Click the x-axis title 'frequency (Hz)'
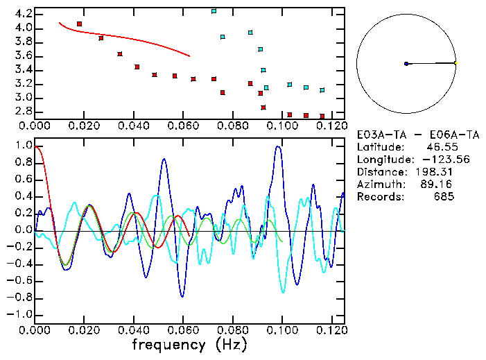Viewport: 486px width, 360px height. tap(189, 345)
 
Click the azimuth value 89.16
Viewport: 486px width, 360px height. tap(440, 185)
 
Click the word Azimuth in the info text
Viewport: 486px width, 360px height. tap(379, 185)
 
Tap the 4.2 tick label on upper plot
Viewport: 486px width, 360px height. tap(23, 14)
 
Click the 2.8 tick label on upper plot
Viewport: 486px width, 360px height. tap(23, 111)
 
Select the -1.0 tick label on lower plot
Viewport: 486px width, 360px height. tap(20, 314)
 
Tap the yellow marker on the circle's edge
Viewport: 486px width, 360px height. tap(455, 62)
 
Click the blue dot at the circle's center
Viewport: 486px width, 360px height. tap(406, 64)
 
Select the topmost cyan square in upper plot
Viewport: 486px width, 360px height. tap(214, 11)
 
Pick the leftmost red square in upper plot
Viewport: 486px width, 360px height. tap(79, 24)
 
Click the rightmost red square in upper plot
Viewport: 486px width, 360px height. tap(322, 117)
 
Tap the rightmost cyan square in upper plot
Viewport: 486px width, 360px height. tap(322, 90)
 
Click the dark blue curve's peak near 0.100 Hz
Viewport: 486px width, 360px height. tap(279, 146)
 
